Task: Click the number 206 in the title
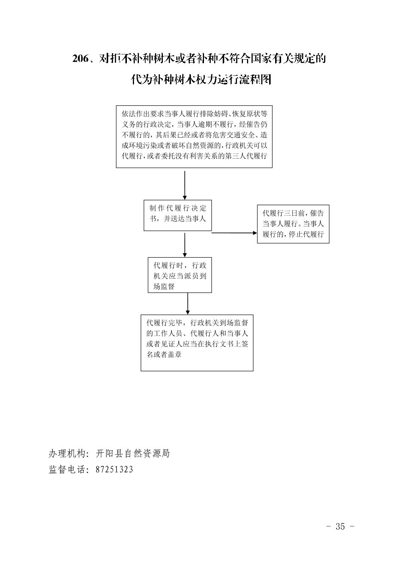[x=80, y=59]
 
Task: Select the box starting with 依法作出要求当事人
[x=194, y=136]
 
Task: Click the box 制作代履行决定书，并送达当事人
[x=178, y=215]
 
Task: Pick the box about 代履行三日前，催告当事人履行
[x=293, y=224]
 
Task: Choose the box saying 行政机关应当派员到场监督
[x=180, y=275]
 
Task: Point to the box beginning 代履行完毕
[x=197, y=343]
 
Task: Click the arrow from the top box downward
[x=185, y=185]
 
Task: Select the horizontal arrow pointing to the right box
[x=234, y=233]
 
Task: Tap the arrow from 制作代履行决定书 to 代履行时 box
[x=185, y=245]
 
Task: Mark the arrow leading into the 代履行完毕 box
[x=188, y=304]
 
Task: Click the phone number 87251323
[x=115, y=469]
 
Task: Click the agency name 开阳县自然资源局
[x=133, y=453]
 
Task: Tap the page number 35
[x=340, y=526]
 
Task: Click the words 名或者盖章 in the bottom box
[x=164, y=354]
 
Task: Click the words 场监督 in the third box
[x=164, y=286]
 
